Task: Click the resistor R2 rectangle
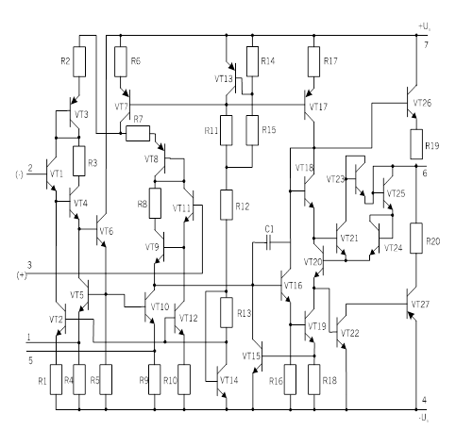pyautogui.click(x=79, y=61)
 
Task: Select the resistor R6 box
pyautogui.click(x=121, y=61)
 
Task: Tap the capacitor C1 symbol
pyautogui.click(x=268, y=242)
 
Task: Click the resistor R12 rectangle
pyautogui.click(x=227, y=205)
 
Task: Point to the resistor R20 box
pyautogui.click(x=416, y=238)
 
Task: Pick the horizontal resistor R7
pyautogui.click(x=138, y=133)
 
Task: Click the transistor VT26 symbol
pyautogui.click(x=412, y=103)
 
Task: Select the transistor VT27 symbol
pyautogui.click(x=411, y=304)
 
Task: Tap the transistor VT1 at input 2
pyautogui.click(x=50, y=173)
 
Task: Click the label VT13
pyautogui.click(x=224, y=78)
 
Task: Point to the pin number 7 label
pyautogui.click(x=426, y=45)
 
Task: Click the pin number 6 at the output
pyautogui.click(x=425, y=173)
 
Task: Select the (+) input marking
pyautogui.click(x=22, y=275)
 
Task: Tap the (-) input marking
pyautogui.click(x=19, y=174)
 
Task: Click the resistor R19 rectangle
pyautogui.click(x=416, y=144)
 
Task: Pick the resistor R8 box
pyautogui.click(x=155, y=204)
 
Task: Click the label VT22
pyautogui.click(x=350, y=333)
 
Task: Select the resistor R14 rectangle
pyautogui.click(x=252, y=61)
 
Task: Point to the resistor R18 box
pyautogui.click(x=314, y=379)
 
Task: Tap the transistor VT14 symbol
pyautogui.click(x=222, y=381)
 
